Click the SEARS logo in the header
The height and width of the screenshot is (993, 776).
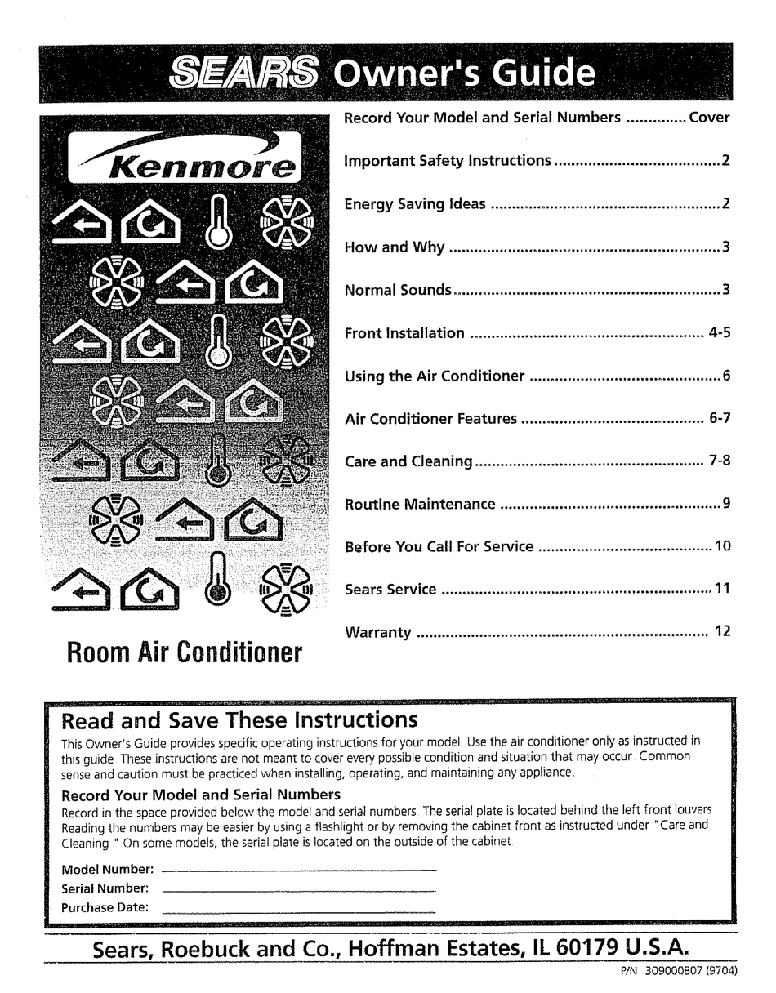click(x=243, y=74)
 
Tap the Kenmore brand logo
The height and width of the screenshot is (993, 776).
click(x=185, y=158)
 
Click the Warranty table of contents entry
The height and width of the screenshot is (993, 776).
click(x=378, y=633)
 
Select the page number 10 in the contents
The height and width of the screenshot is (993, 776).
click(x=722, y=546)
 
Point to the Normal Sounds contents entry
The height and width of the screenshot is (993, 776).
click(x=398, y=290)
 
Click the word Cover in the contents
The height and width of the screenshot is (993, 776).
click(x=709, y=118)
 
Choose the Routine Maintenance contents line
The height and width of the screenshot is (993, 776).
click(x=420, y=505)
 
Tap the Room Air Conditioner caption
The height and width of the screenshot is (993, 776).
click(x=184, y=653)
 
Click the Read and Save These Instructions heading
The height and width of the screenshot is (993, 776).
click(x=240, y=720)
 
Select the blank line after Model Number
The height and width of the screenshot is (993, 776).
click(x=299, y=871)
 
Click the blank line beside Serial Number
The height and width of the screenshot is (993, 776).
click(x=299, y=889)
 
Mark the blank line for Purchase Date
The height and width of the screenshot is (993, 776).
click(x=299, y=909)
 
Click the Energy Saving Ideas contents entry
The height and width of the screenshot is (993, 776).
click(x=415, y=204)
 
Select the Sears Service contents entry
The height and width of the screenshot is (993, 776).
click(x=390, y=590)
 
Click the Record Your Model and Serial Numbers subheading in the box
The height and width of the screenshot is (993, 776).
click(x=201, y=795)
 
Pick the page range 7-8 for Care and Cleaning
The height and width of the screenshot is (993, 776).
click(x=720, y=461)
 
